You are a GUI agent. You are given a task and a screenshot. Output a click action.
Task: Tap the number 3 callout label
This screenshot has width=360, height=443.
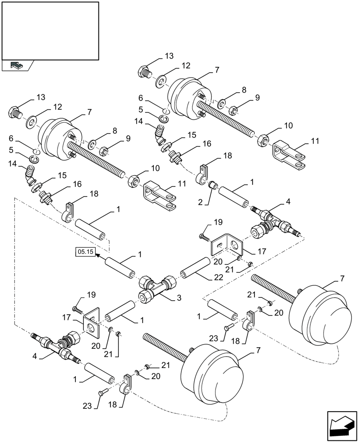tap(179, 299)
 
